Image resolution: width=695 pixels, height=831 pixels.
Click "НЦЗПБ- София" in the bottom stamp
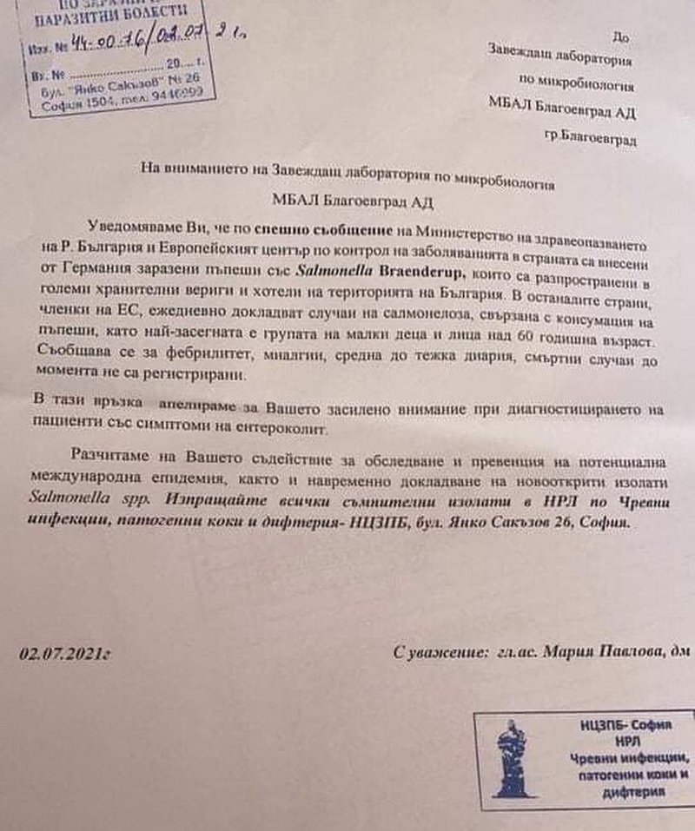point(629,723)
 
